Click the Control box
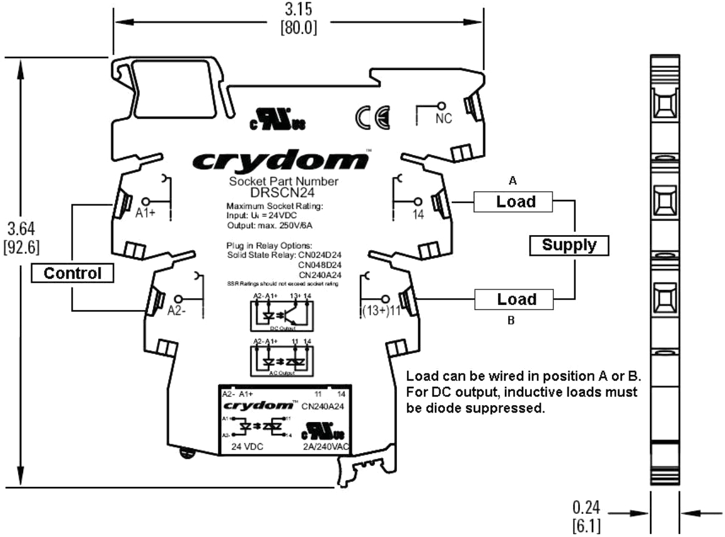pos(74,273)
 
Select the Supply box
pos(569,245)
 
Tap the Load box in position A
pos(516,202)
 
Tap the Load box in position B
pos(516,299)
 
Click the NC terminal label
pos(443,119)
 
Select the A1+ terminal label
pos(146,213)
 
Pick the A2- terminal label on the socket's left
pos(177,311)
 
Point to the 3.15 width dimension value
pos(297,10)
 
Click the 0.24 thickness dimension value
pos(586,504)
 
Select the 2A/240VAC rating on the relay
pos(324,446)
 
